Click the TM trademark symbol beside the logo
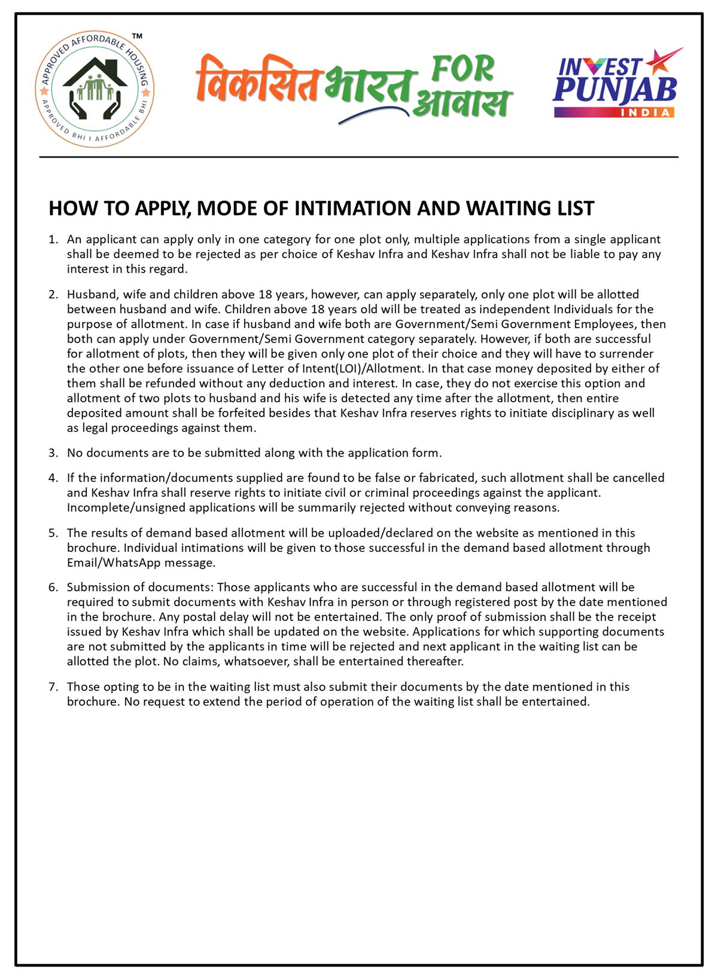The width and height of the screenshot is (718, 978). [x=137, y=38]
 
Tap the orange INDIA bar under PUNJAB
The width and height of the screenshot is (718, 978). [x=615, y=113]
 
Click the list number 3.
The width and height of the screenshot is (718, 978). [x=53, y=453]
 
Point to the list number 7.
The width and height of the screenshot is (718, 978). [x=53, y=687]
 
